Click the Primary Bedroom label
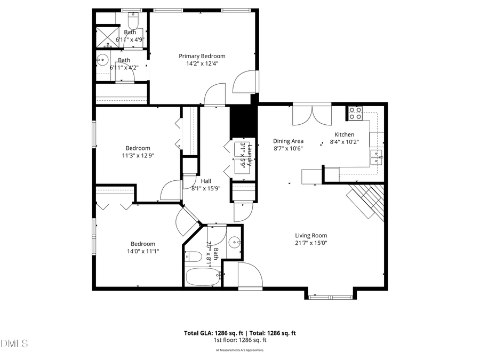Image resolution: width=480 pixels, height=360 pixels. click(x=202, y=56)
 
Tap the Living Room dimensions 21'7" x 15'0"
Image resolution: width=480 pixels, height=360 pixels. click(x=311, y=243)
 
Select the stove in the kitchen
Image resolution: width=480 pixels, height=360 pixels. click(x=355, y=113)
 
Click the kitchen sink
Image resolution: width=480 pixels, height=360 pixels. click(x=377, y=156)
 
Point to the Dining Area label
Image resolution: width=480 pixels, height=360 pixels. click(x=289, y=141)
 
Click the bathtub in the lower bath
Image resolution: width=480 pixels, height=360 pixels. click(x=203, y=277)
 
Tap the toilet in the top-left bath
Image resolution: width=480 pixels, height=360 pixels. click(x=133, y=21)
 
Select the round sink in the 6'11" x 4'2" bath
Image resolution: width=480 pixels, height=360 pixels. click(x=102, y=59)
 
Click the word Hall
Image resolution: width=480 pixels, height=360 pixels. click(x=205, y=181)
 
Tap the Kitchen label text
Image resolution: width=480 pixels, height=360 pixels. click(x=344, y=134)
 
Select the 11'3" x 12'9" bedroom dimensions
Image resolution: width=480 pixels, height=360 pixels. click(x=138, y=156)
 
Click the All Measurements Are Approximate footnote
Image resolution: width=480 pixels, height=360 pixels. click(x=239, y=350)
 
